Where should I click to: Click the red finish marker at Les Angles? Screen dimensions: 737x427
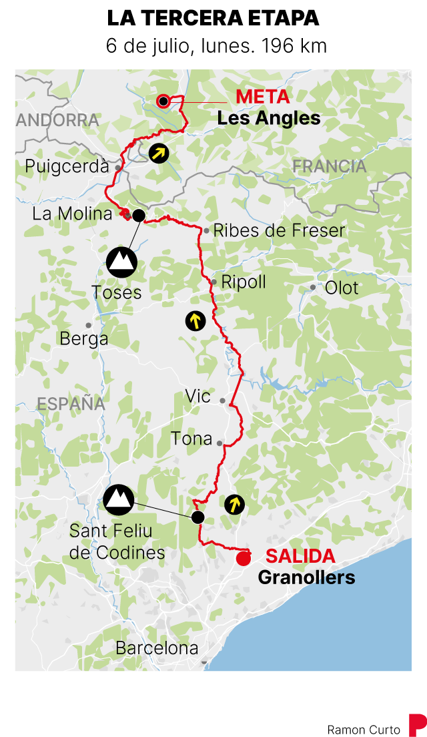[162, 101]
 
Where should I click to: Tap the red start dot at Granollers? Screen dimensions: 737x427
[244, 559]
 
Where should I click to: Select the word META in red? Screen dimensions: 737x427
[262, 97]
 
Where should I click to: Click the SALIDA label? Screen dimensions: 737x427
[300, 556]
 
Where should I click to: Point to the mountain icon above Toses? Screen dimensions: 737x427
[121, 262]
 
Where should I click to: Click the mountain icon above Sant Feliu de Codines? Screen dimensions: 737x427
[119, 500]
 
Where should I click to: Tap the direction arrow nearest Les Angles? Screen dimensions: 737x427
[158, 154]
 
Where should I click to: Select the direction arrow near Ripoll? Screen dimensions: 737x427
[195, 321]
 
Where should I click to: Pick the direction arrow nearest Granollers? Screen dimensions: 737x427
[234, 504]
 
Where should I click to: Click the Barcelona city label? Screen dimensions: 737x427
[157, 648]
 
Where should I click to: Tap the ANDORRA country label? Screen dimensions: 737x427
[57, 120]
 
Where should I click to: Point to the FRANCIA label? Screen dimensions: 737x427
[330, 166]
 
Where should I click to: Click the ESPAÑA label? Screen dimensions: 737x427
[71, 404]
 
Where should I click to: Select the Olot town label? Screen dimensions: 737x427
[342, 288]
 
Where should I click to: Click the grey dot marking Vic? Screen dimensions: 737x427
[223, 401]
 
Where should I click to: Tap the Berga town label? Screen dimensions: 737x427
[84, 338]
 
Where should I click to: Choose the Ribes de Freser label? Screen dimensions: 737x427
[279, 231]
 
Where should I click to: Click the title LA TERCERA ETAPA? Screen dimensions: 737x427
[213, 18]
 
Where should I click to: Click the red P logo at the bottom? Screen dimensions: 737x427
[417, 724]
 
